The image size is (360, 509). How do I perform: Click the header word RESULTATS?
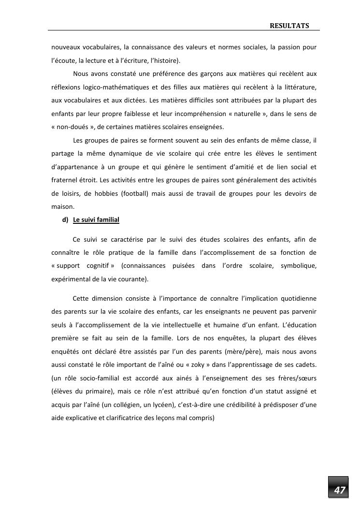tap(289, 25)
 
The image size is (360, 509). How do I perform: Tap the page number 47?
tap(340, 490)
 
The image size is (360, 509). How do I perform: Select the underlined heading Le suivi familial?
tap(96, 220)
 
